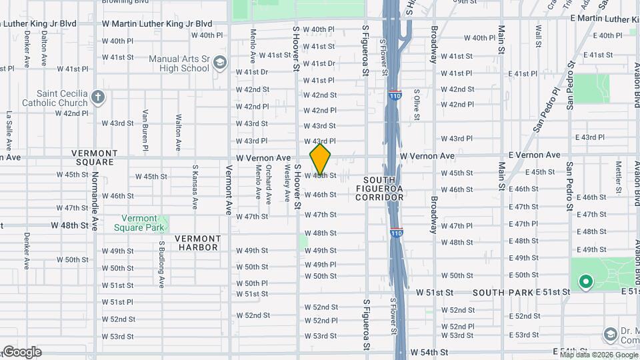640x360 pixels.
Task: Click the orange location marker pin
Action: (321, 159)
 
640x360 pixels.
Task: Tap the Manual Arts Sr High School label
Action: (179, 63)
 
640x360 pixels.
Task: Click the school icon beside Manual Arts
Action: (220, 64)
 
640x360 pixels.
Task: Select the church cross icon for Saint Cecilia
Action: (98, 98)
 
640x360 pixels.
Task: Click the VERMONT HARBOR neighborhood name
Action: (197, 243)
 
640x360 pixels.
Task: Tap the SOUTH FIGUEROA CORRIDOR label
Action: (379, 189)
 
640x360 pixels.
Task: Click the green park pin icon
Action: (586, 282)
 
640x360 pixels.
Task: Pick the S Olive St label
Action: (417, 105)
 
